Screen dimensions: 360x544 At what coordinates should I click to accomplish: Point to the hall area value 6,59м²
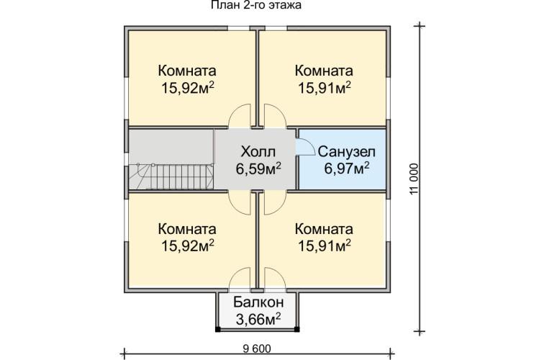258,169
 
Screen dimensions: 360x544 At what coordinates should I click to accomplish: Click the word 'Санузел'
343,153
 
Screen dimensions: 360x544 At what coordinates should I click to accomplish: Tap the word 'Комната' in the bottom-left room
187,229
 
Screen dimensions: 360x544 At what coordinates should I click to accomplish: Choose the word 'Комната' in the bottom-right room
324,229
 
